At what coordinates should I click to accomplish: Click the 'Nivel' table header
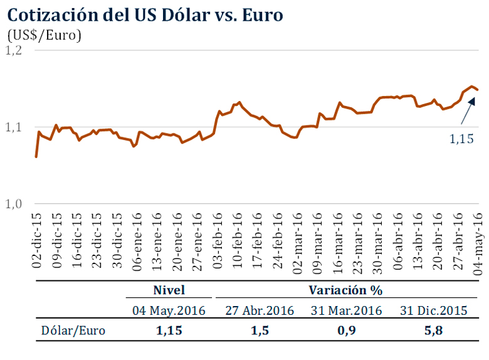click(169, 290)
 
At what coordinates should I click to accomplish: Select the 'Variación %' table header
click(345, 290)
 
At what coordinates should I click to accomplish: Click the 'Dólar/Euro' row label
click(74, 331)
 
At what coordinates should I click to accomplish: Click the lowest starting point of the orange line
click(36, 156)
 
